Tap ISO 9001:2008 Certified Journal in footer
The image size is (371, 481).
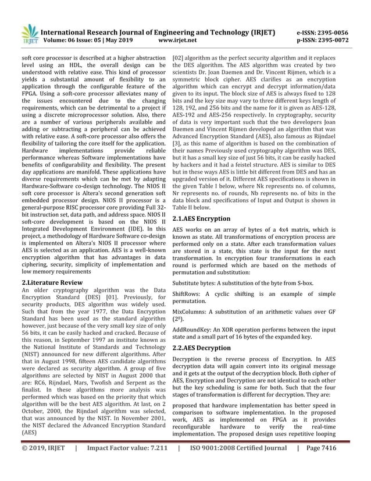(237, 466)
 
